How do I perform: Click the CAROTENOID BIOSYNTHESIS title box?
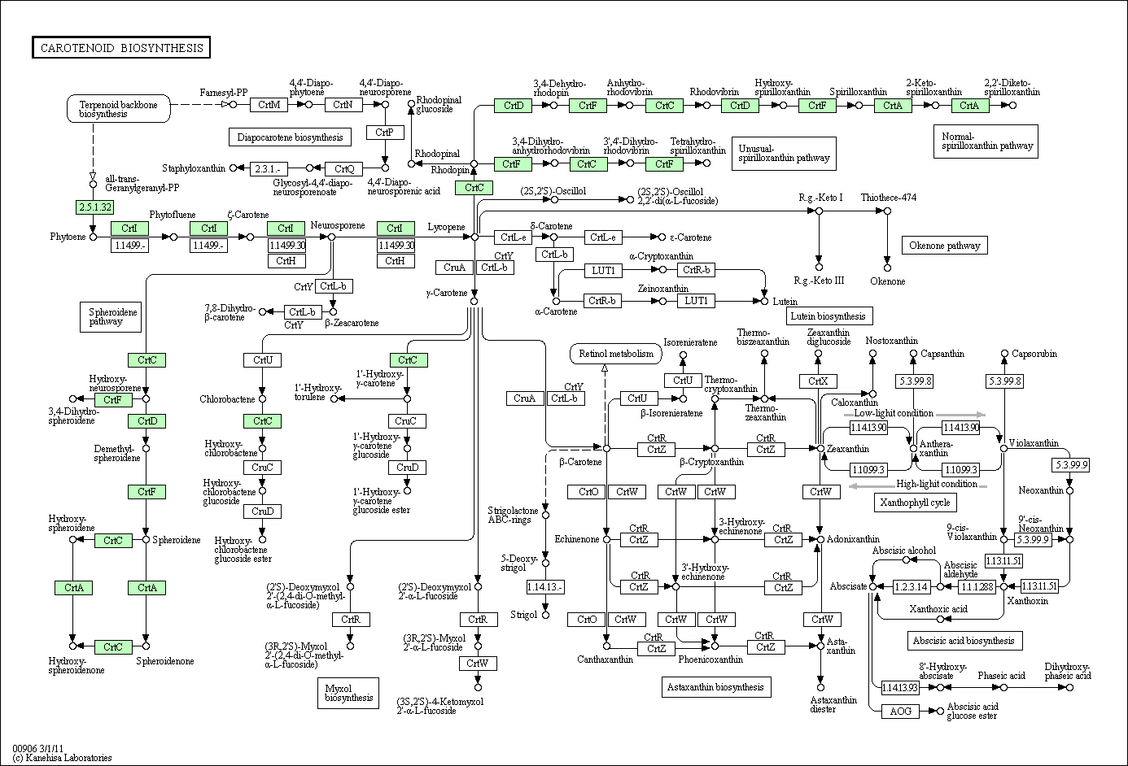pos(120,48)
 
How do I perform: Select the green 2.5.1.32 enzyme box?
pos(94,207)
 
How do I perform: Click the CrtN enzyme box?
pos(343,104)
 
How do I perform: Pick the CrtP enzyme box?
pos(385,133)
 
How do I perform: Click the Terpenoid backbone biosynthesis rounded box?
pos(118,109)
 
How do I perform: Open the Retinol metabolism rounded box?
pos(615,354)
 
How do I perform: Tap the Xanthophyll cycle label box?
pos(914,503)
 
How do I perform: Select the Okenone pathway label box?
pos(944,245)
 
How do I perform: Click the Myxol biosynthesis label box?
pos(348,692)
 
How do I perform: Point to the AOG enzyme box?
pos(900,712)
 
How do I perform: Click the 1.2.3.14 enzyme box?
pos(912,586)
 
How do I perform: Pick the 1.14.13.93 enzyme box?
pos(899,687)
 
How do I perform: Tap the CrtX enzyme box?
pos(818,381)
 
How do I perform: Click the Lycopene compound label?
pos(446,228)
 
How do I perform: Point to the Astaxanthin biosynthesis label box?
pos(715,687)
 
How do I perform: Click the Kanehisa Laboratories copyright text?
pos(62,758)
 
